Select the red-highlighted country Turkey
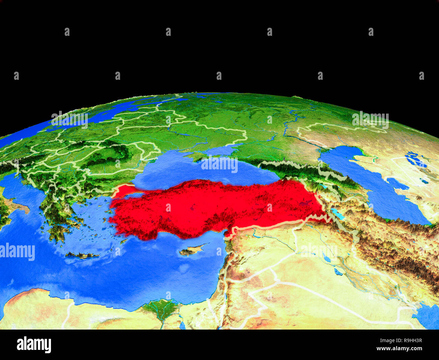point(216,206)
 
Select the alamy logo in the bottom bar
point(34,345)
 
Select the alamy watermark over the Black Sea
point(219,164)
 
